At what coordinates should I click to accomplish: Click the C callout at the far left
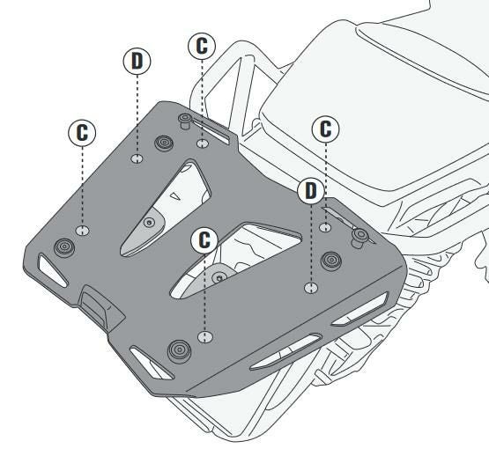tap(82, 133)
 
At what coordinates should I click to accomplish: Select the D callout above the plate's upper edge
tap(137, 61)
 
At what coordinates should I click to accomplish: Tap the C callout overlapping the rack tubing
tap(202, 46)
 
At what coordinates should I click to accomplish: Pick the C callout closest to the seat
tap(326, 129)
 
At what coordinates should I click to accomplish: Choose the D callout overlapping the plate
tap(311, 191)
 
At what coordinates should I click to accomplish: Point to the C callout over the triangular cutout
tap(204, 239)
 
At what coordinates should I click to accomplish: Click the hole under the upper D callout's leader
tap(137, 158)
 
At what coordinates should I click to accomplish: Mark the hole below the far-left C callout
tap(82, 231)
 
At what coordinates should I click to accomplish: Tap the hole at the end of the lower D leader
tap(311, 288)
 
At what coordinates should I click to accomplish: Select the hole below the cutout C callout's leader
tap(205, 337)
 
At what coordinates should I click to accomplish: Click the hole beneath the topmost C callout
tap(203, 143)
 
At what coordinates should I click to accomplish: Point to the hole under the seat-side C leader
tap(326, 227)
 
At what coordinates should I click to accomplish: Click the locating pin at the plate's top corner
tap(185, 121)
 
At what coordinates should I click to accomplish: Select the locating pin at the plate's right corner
tap(359, 237)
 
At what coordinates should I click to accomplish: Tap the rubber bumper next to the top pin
tap(165, 143)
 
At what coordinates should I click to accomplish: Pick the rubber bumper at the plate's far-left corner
tap(64, 247)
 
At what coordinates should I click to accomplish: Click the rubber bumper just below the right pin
tap(331, 261)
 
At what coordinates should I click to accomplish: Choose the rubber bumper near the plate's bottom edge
tap(180, 351)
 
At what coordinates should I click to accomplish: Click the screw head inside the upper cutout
tap(150, 223)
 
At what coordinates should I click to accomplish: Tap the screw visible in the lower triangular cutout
tap(219, 277)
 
